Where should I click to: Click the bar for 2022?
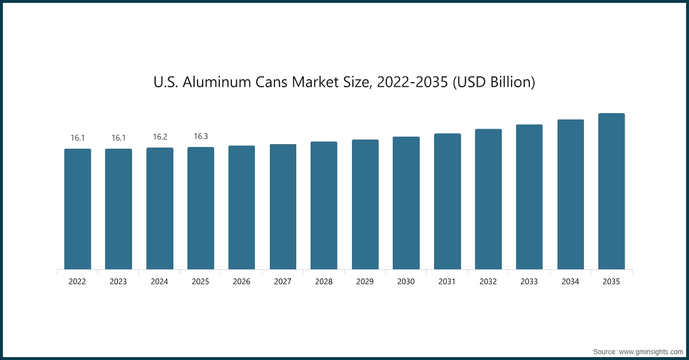78,209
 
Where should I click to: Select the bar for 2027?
283,207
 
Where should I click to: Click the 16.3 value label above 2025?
201,137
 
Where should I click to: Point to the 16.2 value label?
160,137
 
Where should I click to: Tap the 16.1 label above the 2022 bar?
78,138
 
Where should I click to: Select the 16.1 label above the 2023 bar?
118,138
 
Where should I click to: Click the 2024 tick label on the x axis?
160,282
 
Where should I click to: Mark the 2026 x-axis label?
242,282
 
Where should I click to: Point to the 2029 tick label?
365,282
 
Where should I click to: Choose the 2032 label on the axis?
488,282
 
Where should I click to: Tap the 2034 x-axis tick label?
570,282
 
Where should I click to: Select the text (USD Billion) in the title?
494,83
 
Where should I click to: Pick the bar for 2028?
324,206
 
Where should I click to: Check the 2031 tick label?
447,282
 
